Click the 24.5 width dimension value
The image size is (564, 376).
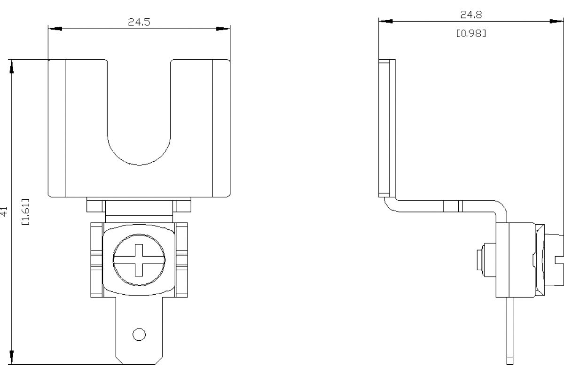(139, 22)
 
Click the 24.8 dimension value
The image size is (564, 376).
(471, 15)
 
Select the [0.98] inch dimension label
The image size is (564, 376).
(471, 34)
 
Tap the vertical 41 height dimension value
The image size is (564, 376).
(4, 211)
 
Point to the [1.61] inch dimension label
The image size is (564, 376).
(26, 211)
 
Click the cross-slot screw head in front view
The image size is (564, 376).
(140, 259)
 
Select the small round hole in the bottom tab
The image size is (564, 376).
(139, 334)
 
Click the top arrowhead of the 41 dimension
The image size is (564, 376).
(11, 66)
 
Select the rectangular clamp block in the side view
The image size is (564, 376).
(516, 260)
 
